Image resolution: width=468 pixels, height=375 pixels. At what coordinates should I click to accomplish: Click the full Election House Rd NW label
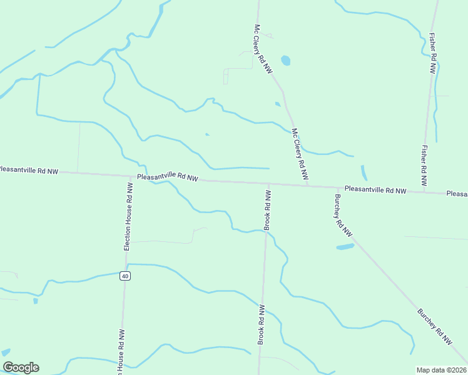pyautogui.click(x=128, y=217)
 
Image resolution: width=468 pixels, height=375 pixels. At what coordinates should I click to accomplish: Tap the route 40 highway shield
pyautogui.click(x=125, y=276)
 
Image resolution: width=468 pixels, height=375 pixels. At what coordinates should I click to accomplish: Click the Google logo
pyautogui.click(x=21, y=367)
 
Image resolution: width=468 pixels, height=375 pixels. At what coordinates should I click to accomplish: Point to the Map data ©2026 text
pyautogui.click(x=441, y=370)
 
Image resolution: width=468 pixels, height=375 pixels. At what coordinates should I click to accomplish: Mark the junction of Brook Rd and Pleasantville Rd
pyautogui.click(x=270, y=184)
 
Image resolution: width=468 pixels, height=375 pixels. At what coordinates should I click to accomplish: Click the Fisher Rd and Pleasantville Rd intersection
pyautogui.click(x=425, y=191)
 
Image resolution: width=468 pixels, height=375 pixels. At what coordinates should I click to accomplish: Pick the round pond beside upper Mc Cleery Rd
pyautogui.click(x=286, y=61)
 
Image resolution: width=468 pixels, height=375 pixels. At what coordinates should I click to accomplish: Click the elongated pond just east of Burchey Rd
pyautogui.click(x=345, y=246)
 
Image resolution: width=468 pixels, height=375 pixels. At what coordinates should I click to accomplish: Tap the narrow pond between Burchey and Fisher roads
pyautogui.click(x=364, y=172)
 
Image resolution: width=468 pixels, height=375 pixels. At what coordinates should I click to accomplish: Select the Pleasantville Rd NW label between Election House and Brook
pyautogui.click(x=167, y=177)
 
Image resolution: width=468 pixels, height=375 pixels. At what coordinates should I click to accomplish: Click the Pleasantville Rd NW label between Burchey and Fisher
pyautogui.click(x=375, y=189)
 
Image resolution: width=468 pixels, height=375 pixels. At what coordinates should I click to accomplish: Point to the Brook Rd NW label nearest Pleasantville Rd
pyautogui.click(x=268, y=211)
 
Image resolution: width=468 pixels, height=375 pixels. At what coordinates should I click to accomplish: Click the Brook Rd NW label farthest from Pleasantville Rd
pyautogui.click(x=262, y=324)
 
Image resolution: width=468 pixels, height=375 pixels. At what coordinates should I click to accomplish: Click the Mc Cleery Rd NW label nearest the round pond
pyautogui.click(x=263, y=49)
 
